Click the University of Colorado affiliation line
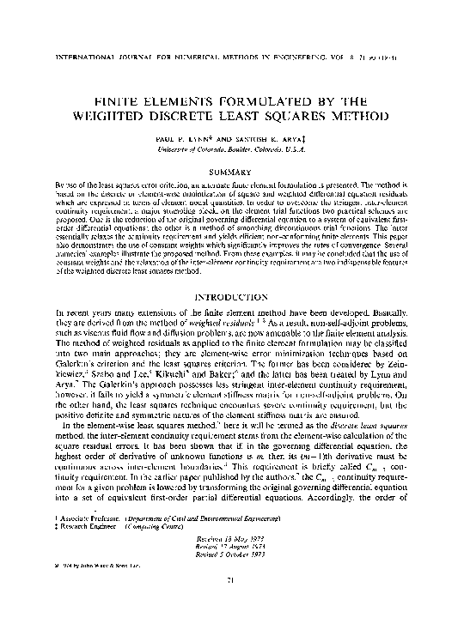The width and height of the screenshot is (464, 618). (x=231, y=148)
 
